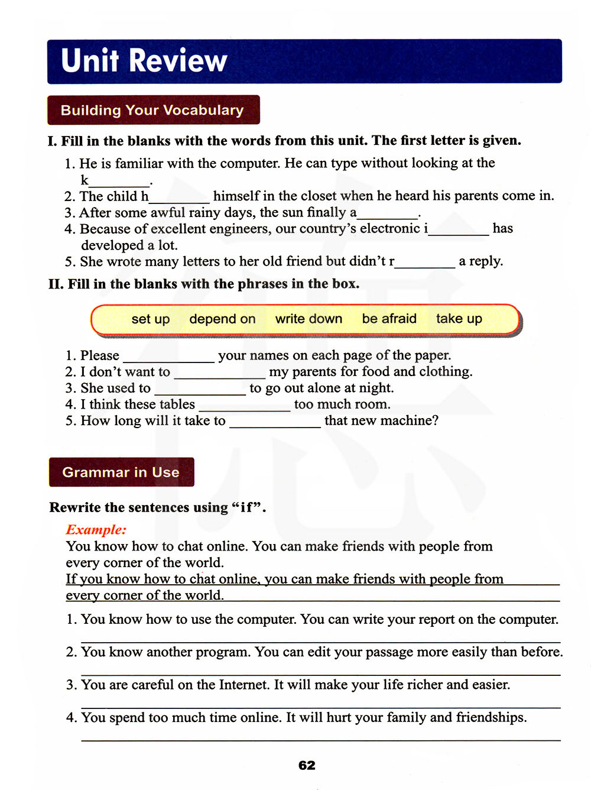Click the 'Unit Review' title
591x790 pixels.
point(144,60)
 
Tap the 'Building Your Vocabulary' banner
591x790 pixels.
point(152,110)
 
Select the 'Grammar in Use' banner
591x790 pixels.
point(121,472)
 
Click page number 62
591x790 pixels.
point(307,765)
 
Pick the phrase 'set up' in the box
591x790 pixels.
point(151,319)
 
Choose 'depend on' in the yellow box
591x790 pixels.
point(222,319)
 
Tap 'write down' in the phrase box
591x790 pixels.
point(309,319)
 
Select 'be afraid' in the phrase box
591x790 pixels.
point(389,319)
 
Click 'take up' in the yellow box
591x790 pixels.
point(459,319)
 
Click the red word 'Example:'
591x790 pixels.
point(96,530)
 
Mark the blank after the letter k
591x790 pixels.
point(119,183)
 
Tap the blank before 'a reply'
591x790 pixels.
point(425,265)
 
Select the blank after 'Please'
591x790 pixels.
point(168,359)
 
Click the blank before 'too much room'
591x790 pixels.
point(245,408)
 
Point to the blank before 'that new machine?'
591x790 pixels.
point(275,425)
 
